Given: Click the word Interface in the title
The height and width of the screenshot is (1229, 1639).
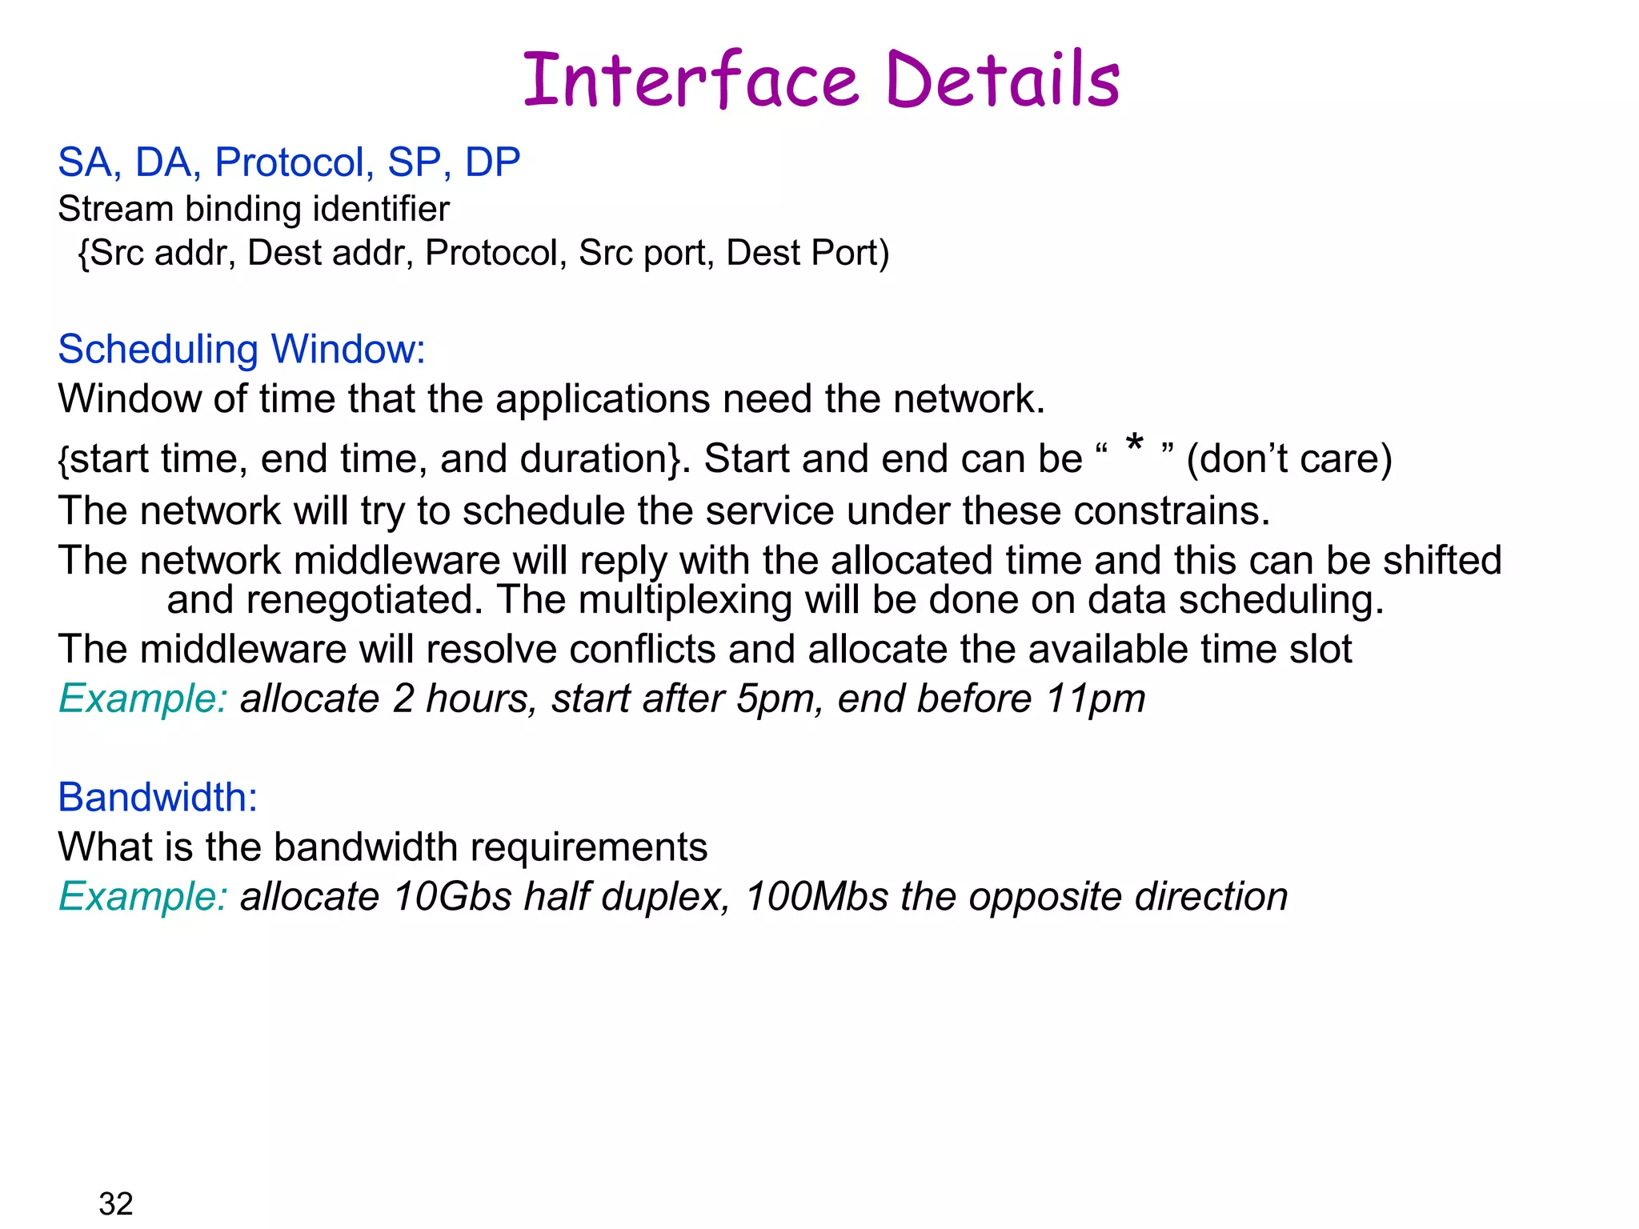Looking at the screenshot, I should pos(691,80).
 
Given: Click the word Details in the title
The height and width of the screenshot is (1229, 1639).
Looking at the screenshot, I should pos(1003,80).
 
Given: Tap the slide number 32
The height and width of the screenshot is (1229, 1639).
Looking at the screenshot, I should pos(116,1203).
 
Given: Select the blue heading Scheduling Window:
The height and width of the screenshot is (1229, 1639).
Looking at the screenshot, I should pos(242,350).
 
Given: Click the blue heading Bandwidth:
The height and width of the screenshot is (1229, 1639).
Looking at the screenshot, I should pos(158,798).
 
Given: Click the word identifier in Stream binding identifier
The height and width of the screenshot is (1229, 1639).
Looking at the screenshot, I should pos(381,210).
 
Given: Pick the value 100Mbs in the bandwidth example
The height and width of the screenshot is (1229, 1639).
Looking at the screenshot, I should pos(816,897).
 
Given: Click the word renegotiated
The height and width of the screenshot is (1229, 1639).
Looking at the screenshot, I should pos(364,600).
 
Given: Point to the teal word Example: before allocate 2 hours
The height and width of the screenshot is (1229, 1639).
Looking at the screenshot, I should pos(143,699).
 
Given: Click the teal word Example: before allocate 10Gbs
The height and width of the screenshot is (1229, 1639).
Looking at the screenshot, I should pos(143,897).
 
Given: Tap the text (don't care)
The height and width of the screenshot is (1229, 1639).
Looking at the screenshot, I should pos(1288,459).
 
